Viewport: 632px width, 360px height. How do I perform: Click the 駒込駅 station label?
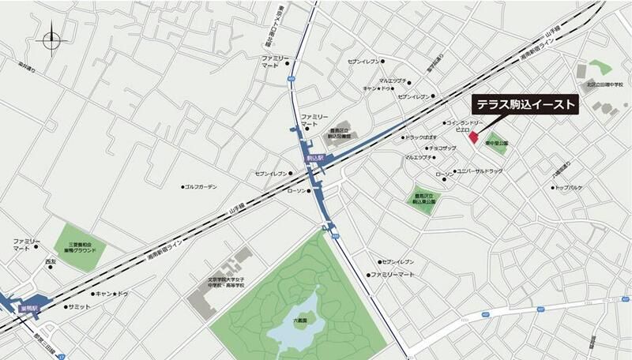(x=317, y=158)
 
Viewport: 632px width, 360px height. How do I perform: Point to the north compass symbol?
(x=52, y=37)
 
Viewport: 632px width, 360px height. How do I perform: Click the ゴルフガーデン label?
(x=201, y=187)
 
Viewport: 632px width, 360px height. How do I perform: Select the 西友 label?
(x=51, y=261)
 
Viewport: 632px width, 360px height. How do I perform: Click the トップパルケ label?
(x=569, y=188)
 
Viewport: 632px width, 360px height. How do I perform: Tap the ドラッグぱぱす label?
(x=421, y=137)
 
